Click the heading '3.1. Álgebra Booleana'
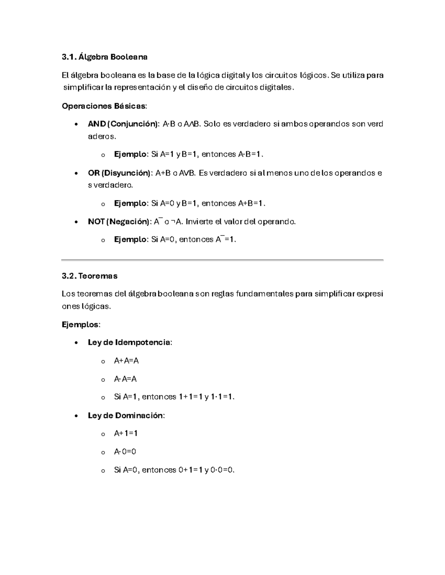point(105,57)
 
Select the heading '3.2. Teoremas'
point(89,276)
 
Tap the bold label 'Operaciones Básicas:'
point(104,106)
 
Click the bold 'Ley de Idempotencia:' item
point(130,342)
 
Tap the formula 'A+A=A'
point(126,361)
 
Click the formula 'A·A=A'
point(125,379)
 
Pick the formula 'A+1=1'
point(126,433)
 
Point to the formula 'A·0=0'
point(125,452)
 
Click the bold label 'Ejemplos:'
point(81,325)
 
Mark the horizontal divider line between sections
point(222,260)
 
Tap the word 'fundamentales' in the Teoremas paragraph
point(252,294)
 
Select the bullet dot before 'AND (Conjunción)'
point(76,124)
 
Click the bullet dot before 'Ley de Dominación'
point(76,416)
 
